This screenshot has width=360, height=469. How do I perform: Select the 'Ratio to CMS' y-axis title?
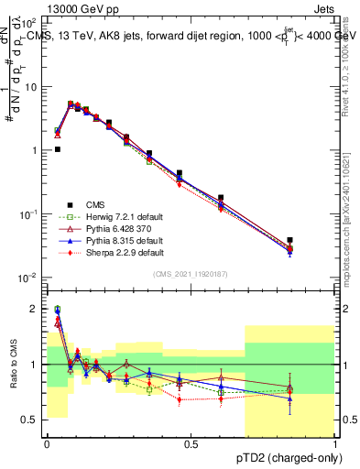15,364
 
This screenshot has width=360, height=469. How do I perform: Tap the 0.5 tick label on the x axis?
191,443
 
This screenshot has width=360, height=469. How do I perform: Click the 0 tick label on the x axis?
47,443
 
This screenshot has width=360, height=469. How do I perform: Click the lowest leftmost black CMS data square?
58,149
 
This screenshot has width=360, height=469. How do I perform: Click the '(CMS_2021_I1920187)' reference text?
191,274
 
